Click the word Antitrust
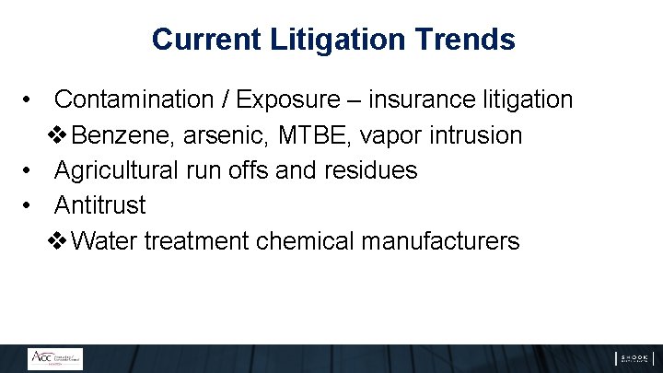[99, 204]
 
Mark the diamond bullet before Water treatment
[56, 241]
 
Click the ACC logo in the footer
[54, 358]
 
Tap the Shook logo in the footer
[634, 358]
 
